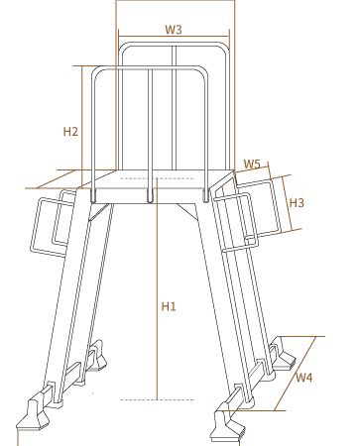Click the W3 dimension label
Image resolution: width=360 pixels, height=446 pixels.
pos(174,30)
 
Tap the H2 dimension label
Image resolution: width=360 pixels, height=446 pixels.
pos(70,132)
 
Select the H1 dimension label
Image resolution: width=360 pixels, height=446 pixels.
pos(169,306)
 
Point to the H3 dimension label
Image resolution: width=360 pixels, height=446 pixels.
pos(297,202)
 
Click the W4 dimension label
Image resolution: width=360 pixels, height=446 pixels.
pos(303,377)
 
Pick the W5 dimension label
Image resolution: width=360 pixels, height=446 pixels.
pos(252,165)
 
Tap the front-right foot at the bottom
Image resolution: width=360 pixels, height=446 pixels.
pos(228,423)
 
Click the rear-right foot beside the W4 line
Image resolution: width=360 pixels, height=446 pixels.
pos(283,354)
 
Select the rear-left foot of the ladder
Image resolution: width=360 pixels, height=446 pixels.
pos(99,356)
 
